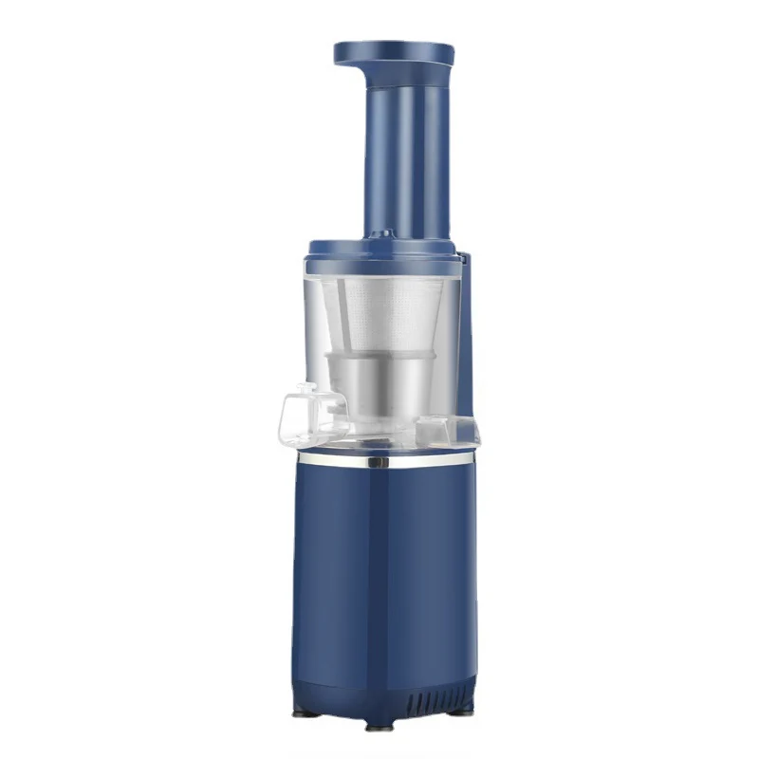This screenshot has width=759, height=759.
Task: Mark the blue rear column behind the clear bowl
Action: pyautogui.click(x=467, y=361)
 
